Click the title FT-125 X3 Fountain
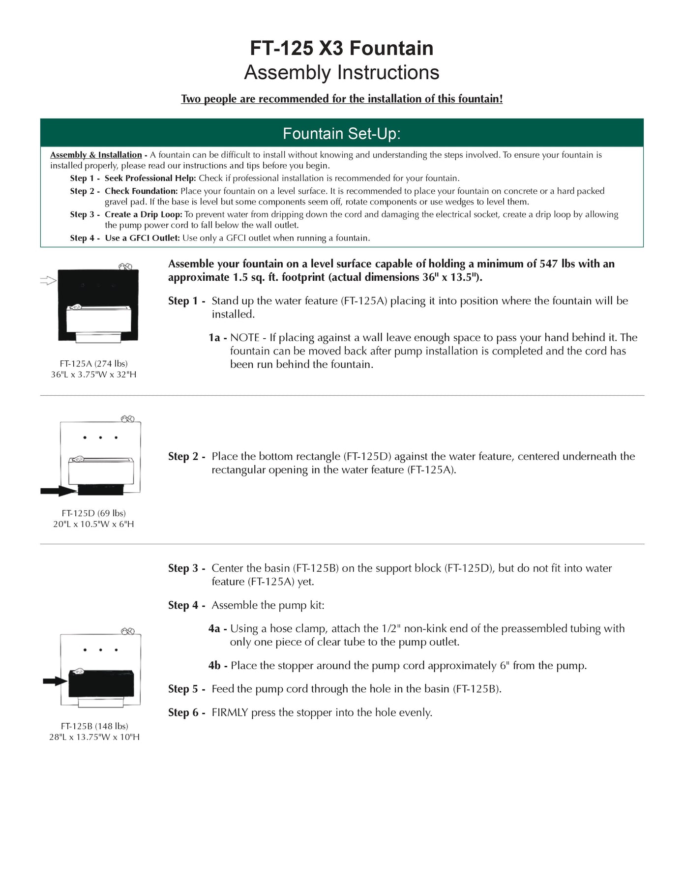click(341, 48)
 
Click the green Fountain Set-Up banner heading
click(341, 133)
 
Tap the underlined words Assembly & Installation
click(96, 155)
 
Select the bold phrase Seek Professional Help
click(150, 178)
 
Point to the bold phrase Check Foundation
click(141, 191)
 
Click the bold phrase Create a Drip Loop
click(143, 215)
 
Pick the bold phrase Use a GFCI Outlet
click(142, 238)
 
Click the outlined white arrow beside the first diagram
click(48, 281)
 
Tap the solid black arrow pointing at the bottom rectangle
click(58, 491)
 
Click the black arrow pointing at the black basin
click(55, 681)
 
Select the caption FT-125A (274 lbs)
click(93, 364)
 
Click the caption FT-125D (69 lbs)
click(93, 513)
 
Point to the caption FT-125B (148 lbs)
click(94, 726)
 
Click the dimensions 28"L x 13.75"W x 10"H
click(94, 737)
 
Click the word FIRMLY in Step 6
click(230, 712)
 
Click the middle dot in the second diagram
click(100, 438)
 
